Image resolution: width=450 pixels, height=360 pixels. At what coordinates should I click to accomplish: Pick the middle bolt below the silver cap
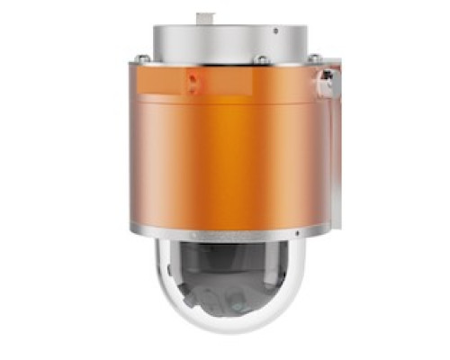tap(261, 59)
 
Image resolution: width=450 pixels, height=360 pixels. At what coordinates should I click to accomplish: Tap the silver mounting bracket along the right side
tap(332, 153)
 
